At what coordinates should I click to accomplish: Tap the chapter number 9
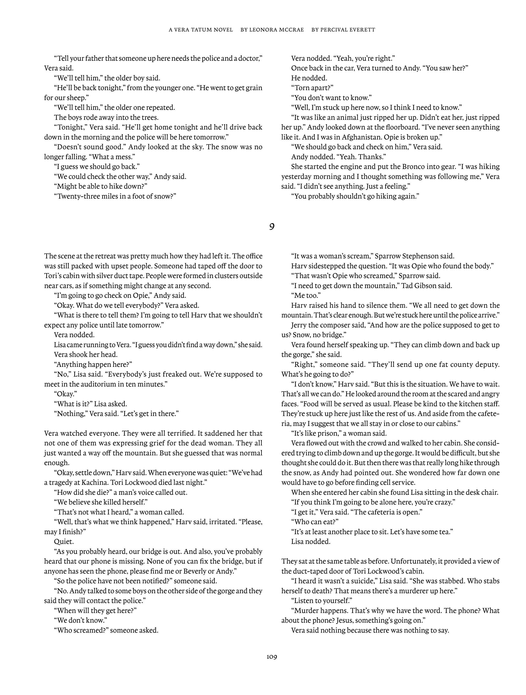[272, 227]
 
